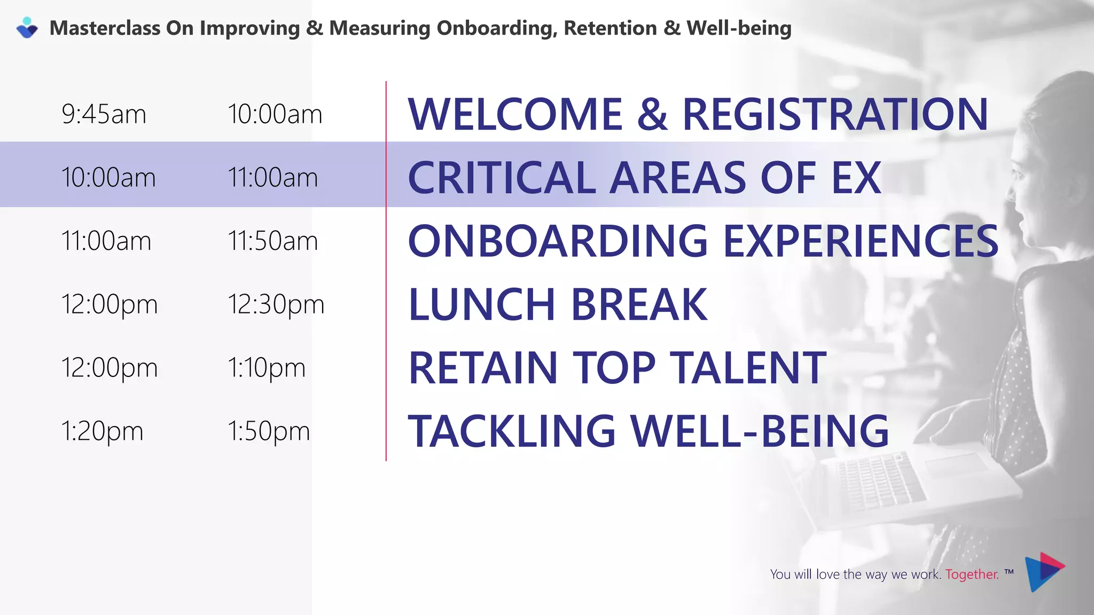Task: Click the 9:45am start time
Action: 104,114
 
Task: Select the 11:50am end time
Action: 272,241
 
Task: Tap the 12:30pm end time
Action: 276,304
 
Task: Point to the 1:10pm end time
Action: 266,368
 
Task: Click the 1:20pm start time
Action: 102,431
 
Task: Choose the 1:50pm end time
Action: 268,431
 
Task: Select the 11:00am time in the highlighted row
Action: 272,177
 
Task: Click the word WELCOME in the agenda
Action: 515,114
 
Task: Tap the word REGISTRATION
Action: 835,114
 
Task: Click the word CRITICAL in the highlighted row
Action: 502,178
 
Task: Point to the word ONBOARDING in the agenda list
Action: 558,241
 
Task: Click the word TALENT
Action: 748,368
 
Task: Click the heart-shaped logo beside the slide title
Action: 27,28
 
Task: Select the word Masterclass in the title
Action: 105,28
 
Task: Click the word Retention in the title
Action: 610,28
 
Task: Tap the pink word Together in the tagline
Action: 972,574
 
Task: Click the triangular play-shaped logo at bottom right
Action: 1044,572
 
